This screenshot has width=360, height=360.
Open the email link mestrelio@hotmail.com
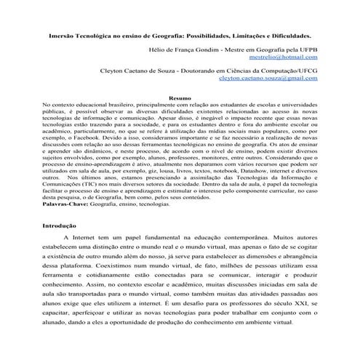[x=283, y=56]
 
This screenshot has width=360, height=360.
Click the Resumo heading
[x=180, y=97]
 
